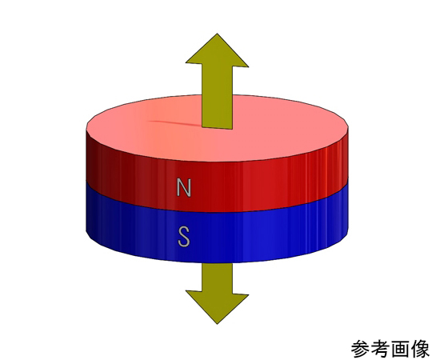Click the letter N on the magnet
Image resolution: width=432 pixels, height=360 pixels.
tap(184, 187)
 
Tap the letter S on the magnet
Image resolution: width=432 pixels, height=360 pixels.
tap(184, 236)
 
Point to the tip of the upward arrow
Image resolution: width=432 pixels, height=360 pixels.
tap(217, 34)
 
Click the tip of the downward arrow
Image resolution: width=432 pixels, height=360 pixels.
tap(217, 324)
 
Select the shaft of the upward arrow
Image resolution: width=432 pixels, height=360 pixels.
tap(217, 97)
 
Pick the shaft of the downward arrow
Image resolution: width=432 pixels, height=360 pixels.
tap(217, 278)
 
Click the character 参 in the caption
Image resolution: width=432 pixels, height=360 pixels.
tap(360, 349)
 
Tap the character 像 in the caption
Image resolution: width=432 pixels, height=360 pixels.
tap(420, 349)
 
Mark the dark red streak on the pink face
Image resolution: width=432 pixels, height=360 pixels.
tap(174, 123)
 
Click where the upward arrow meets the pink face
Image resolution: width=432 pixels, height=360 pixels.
tap(217, 128)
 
